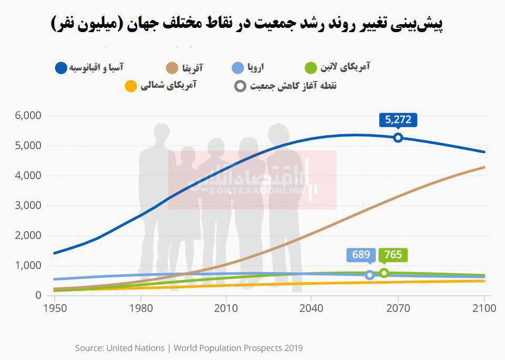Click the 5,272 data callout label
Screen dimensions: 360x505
click(x=398, y=120)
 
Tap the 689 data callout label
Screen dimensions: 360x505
click(x=361, y=255)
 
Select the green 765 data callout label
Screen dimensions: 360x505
click(x=393, y=255)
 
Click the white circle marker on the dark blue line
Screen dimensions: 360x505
click(x=398, y=138)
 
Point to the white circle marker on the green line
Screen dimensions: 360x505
click(x=384, y=273)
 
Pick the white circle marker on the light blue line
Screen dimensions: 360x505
click(x=370, y=275)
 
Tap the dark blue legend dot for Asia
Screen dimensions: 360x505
click(x=61, y=68)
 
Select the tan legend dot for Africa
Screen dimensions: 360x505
click(x=171, y=68)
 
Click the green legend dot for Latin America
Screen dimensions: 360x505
click(x=311, y=68)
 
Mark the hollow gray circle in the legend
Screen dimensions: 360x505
click(x=240, y=85)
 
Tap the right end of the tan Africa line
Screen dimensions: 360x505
click(x=484, y=167)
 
